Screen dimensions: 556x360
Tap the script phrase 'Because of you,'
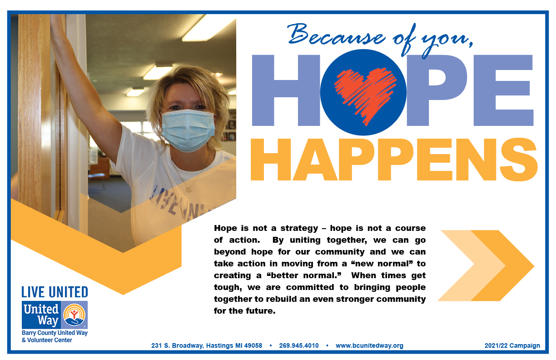pyautogui.click(x=380, y=40)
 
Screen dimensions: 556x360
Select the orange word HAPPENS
pyautogui.click(x=394, y=160)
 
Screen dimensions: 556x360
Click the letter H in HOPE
pyautogui.click(x=286, y=90)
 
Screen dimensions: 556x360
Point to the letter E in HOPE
pyautogui.click(x=503, y=90)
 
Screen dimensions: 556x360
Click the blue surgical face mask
pyautogui.click(x=188, y=130)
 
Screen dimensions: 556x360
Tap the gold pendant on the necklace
pyautogui.click(x=189, y=189)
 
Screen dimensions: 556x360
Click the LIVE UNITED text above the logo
pyautogui.click(x=55, y=292)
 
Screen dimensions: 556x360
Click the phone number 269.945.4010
pyautogui.click(x=298, y=345)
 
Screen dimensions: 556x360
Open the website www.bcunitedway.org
pyautogui.click(x=369, y=345)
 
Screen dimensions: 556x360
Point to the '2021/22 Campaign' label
pyautogui.click(x=512, y=345)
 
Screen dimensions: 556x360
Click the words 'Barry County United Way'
pyautogui.click(x=55, y=333)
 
